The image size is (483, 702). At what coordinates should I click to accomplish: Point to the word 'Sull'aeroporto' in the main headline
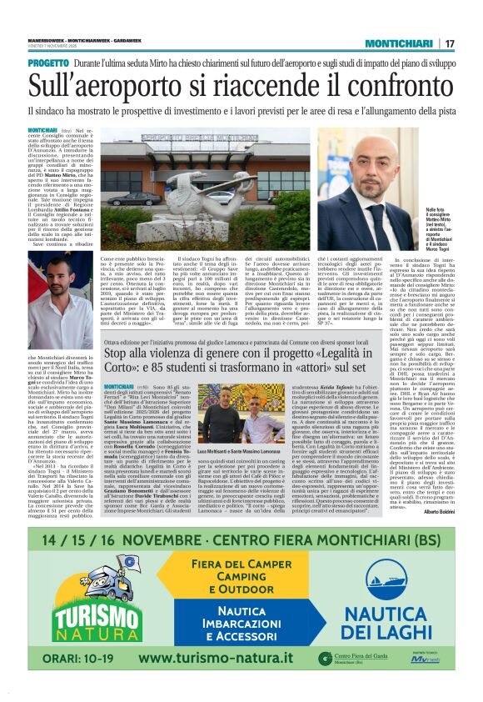[x=92, y=84]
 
